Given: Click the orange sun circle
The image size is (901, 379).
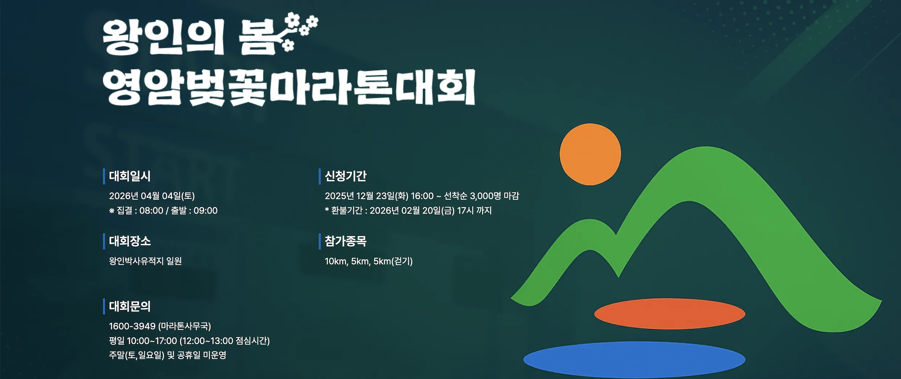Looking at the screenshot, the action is point(590,154).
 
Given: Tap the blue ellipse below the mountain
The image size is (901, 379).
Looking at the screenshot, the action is point(634,359).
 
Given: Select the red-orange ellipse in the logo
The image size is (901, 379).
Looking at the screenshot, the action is point(669,314).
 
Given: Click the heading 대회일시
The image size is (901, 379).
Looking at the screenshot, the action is point(130,176).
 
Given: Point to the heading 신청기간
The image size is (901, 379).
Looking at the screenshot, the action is point(346,176).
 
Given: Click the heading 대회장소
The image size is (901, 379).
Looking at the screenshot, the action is point(130,241).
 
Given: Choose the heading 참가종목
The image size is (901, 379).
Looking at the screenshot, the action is point(346,241).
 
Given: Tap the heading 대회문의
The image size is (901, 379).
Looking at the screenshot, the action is point(130,306).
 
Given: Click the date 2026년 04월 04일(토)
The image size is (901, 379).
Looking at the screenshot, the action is point(152,196).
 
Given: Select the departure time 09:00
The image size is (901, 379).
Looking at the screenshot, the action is point(205,211).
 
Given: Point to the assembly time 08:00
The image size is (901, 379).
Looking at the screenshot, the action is point(151,211).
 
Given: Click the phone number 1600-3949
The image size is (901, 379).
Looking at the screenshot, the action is point(132,326).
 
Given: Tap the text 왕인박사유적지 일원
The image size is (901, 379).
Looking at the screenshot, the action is point(145,261).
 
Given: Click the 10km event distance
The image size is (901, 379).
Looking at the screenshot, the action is point(337,261).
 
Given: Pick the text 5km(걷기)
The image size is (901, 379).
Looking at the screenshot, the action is point(393,261).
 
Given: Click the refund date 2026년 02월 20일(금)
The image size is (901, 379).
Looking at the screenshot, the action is point(412,211).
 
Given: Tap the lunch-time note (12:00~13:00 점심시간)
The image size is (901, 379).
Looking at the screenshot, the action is point(225,341).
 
